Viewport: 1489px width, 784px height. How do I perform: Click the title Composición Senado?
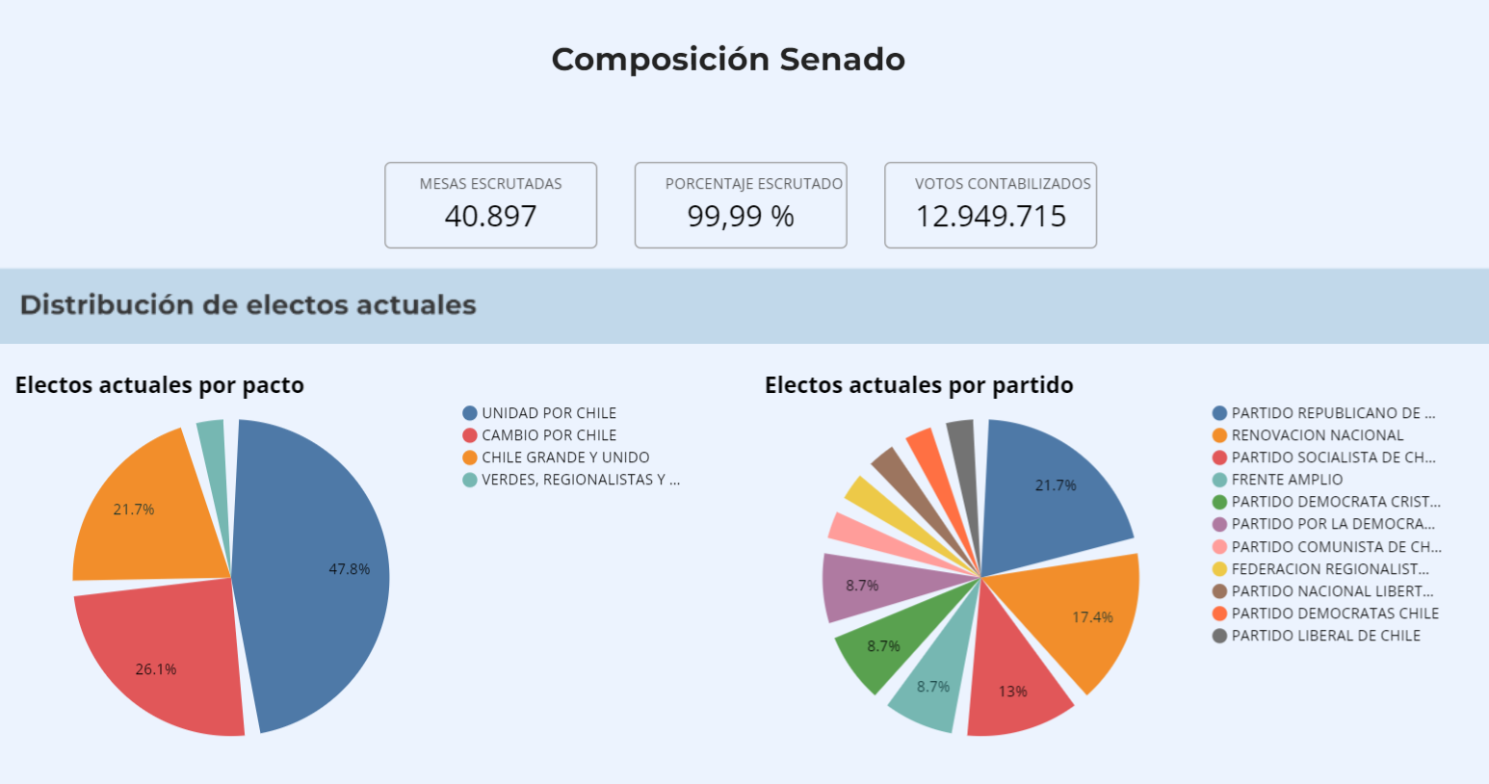[x=728, y=60]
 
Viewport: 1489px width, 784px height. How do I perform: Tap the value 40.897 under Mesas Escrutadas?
[x=490, y=216]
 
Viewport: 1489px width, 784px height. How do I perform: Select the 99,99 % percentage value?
[x=741, y=216]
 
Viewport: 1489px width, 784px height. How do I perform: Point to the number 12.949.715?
[x=990, y=216]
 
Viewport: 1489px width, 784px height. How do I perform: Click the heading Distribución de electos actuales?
[x=248, y=305]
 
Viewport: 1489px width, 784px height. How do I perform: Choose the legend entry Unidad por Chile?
[x=548, y=413]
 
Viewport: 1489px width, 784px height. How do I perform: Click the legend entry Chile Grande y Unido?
[x=564, y=457]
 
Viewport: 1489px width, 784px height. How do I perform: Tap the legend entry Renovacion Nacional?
[x=1317, y=435]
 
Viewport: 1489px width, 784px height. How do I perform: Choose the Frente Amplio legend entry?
[x=1286, y=480]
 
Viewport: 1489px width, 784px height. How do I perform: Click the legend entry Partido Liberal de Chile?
[x=1325, y=636]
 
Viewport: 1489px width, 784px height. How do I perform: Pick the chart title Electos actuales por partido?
[x=919, y=385]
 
